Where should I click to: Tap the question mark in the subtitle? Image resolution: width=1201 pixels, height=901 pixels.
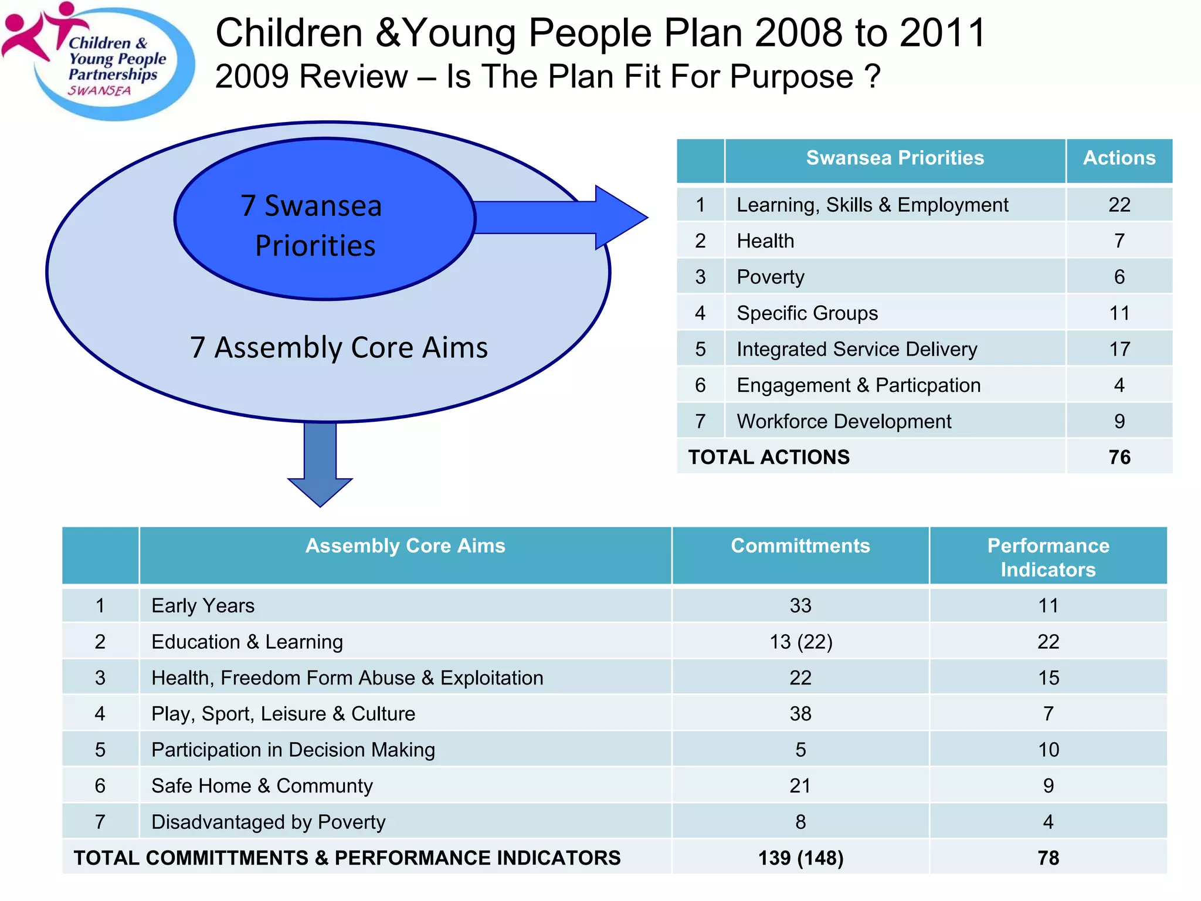click(873, 76)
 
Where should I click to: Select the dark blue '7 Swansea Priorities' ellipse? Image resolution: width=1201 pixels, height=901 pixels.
click(324, 219)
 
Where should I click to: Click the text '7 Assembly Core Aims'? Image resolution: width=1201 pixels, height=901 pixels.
click(339, 347)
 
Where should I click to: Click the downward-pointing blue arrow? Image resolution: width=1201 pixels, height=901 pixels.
click(320, 463)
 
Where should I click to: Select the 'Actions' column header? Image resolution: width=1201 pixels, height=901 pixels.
click(1119, 158)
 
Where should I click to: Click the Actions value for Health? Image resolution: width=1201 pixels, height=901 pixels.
click(1119, 241)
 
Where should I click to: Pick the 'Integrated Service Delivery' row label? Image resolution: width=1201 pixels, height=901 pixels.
click(857, 349)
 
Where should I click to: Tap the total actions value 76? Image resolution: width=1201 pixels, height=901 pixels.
click(1119, 457)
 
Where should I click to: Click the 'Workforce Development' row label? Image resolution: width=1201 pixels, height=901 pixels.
click(844, 421)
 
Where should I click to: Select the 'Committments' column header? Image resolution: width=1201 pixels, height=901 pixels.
click(800, 546)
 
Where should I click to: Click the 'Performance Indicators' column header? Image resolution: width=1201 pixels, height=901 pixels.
click(1048, 557)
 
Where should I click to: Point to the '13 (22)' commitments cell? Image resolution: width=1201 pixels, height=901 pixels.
click(800, 642)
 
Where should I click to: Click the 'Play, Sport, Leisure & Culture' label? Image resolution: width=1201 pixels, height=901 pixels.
click(283, 714)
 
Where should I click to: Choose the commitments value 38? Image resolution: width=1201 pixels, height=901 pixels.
click(800, 714)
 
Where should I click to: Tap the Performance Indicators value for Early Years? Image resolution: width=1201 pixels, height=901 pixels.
click(1048, 605)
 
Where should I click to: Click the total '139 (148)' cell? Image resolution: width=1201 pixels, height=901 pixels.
click(800, 858)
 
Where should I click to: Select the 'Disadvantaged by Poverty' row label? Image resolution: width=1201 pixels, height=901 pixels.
click(269, 822)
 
